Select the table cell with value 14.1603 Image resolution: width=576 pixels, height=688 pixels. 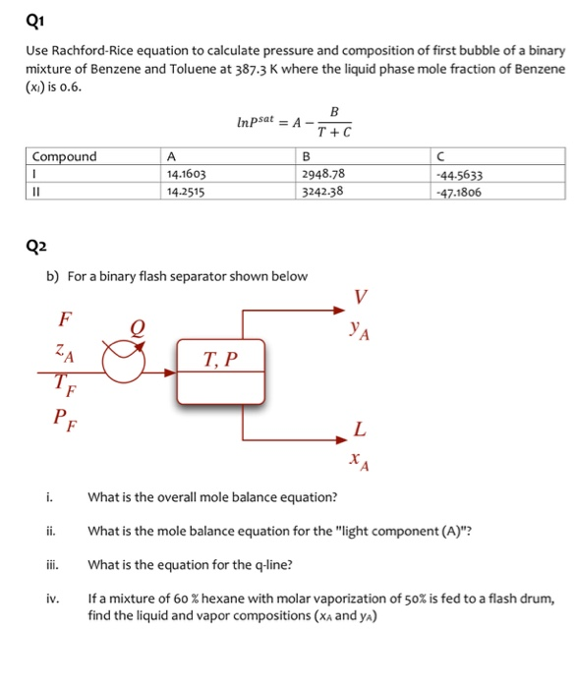tap(187, 173)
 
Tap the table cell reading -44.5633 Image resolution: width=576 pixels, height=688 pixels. tap(464, 173)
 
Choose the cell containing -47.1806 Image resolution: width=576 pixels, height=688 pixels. tap(464, 190)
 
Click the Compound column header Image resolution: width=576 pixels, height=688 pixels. tap(65, 156)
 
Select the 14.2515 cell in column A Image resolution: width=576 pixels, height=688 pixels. tap(187, 190)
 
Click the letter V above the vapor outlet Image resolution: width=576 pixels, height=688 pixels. tap(361, 297)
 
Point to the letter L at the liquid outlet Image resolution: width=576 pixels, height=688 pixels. tap(360, 429)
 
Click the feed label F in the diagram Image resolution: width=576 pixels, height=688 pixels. tap(65, 318)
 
